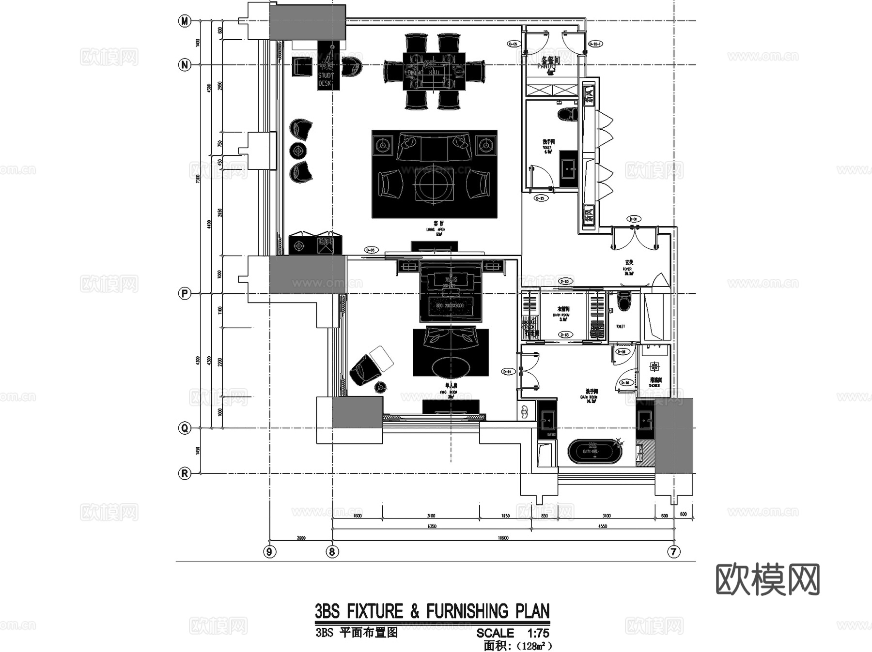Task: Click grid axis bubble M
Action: (x=185, y=21)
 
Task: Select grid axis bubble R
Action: (x=185, y=473)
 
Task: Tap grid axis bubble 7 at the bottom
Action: (x=674, y=551)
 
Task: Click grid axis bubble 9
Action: (x=270, y=551)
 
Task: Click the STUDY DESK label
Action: (x=326, y=79)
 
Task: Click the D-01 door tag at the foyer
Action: (x=633, y=219)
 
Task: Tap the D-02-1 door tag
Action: (x=595, y=44)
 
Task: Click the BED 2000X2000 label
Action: (x=450, y=306)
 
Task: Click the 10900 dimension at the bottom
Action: (x=503, y=538)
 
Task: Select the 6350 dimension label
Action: (x=432, y=526)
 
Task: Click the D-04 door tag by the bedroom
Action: (x=507, y=372)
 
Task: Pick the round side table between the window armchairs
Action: (x=298, y=151)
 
